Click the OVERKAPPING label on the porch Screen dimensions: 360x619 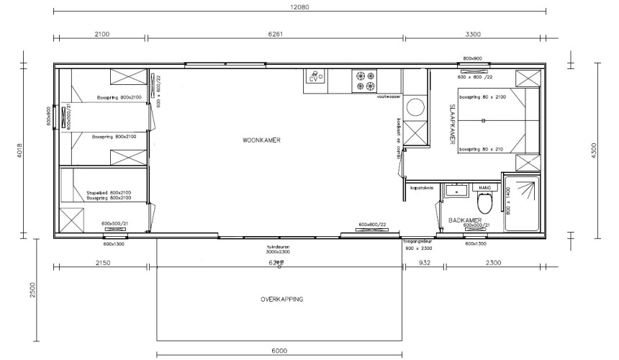pyautogui.click(x=282, y=299)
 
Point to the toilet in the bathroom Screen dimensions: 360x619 pyautogui.click(x=486, y=203)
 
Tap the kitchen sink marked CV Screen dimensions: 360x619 pyautogui.click(x=315, y=77)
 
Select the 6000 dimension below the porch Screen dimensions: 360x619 pyautogui.click(x=280, y=351)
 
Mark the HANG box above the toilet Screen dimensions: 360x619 pyautogui.click(x=484, y=187)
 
